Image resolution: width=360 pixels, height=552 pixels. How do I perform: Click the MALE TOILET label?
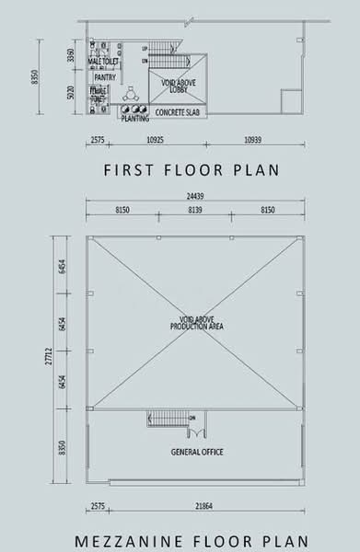click(x=103, y=61)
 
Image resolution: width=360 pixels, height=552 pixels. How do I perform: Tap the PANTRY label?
click(x=104, y=78)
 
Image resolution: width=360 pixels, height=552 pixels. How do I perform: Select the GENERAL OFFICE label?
click(x=197, y=452)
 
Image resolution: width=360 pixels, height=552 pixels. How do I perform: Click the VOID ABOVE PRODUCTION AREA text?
click(x=197, y=323)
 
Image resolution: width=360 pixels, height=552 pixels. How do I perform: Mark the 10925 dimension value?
click(x=154, y=140)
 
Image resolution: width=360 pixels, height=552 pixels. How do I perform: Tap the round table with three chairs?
click(x=129, y=95)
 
